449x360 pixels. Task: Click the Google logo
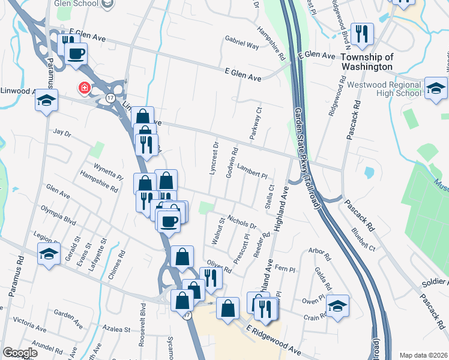[x=20, y=353]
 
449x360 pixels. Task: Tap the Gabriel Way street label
[x=242, y=44]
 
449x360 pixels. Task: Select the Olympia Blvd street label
[x=58, y=215]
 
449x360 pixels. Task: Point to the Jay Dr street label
[x=62, y=131]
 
